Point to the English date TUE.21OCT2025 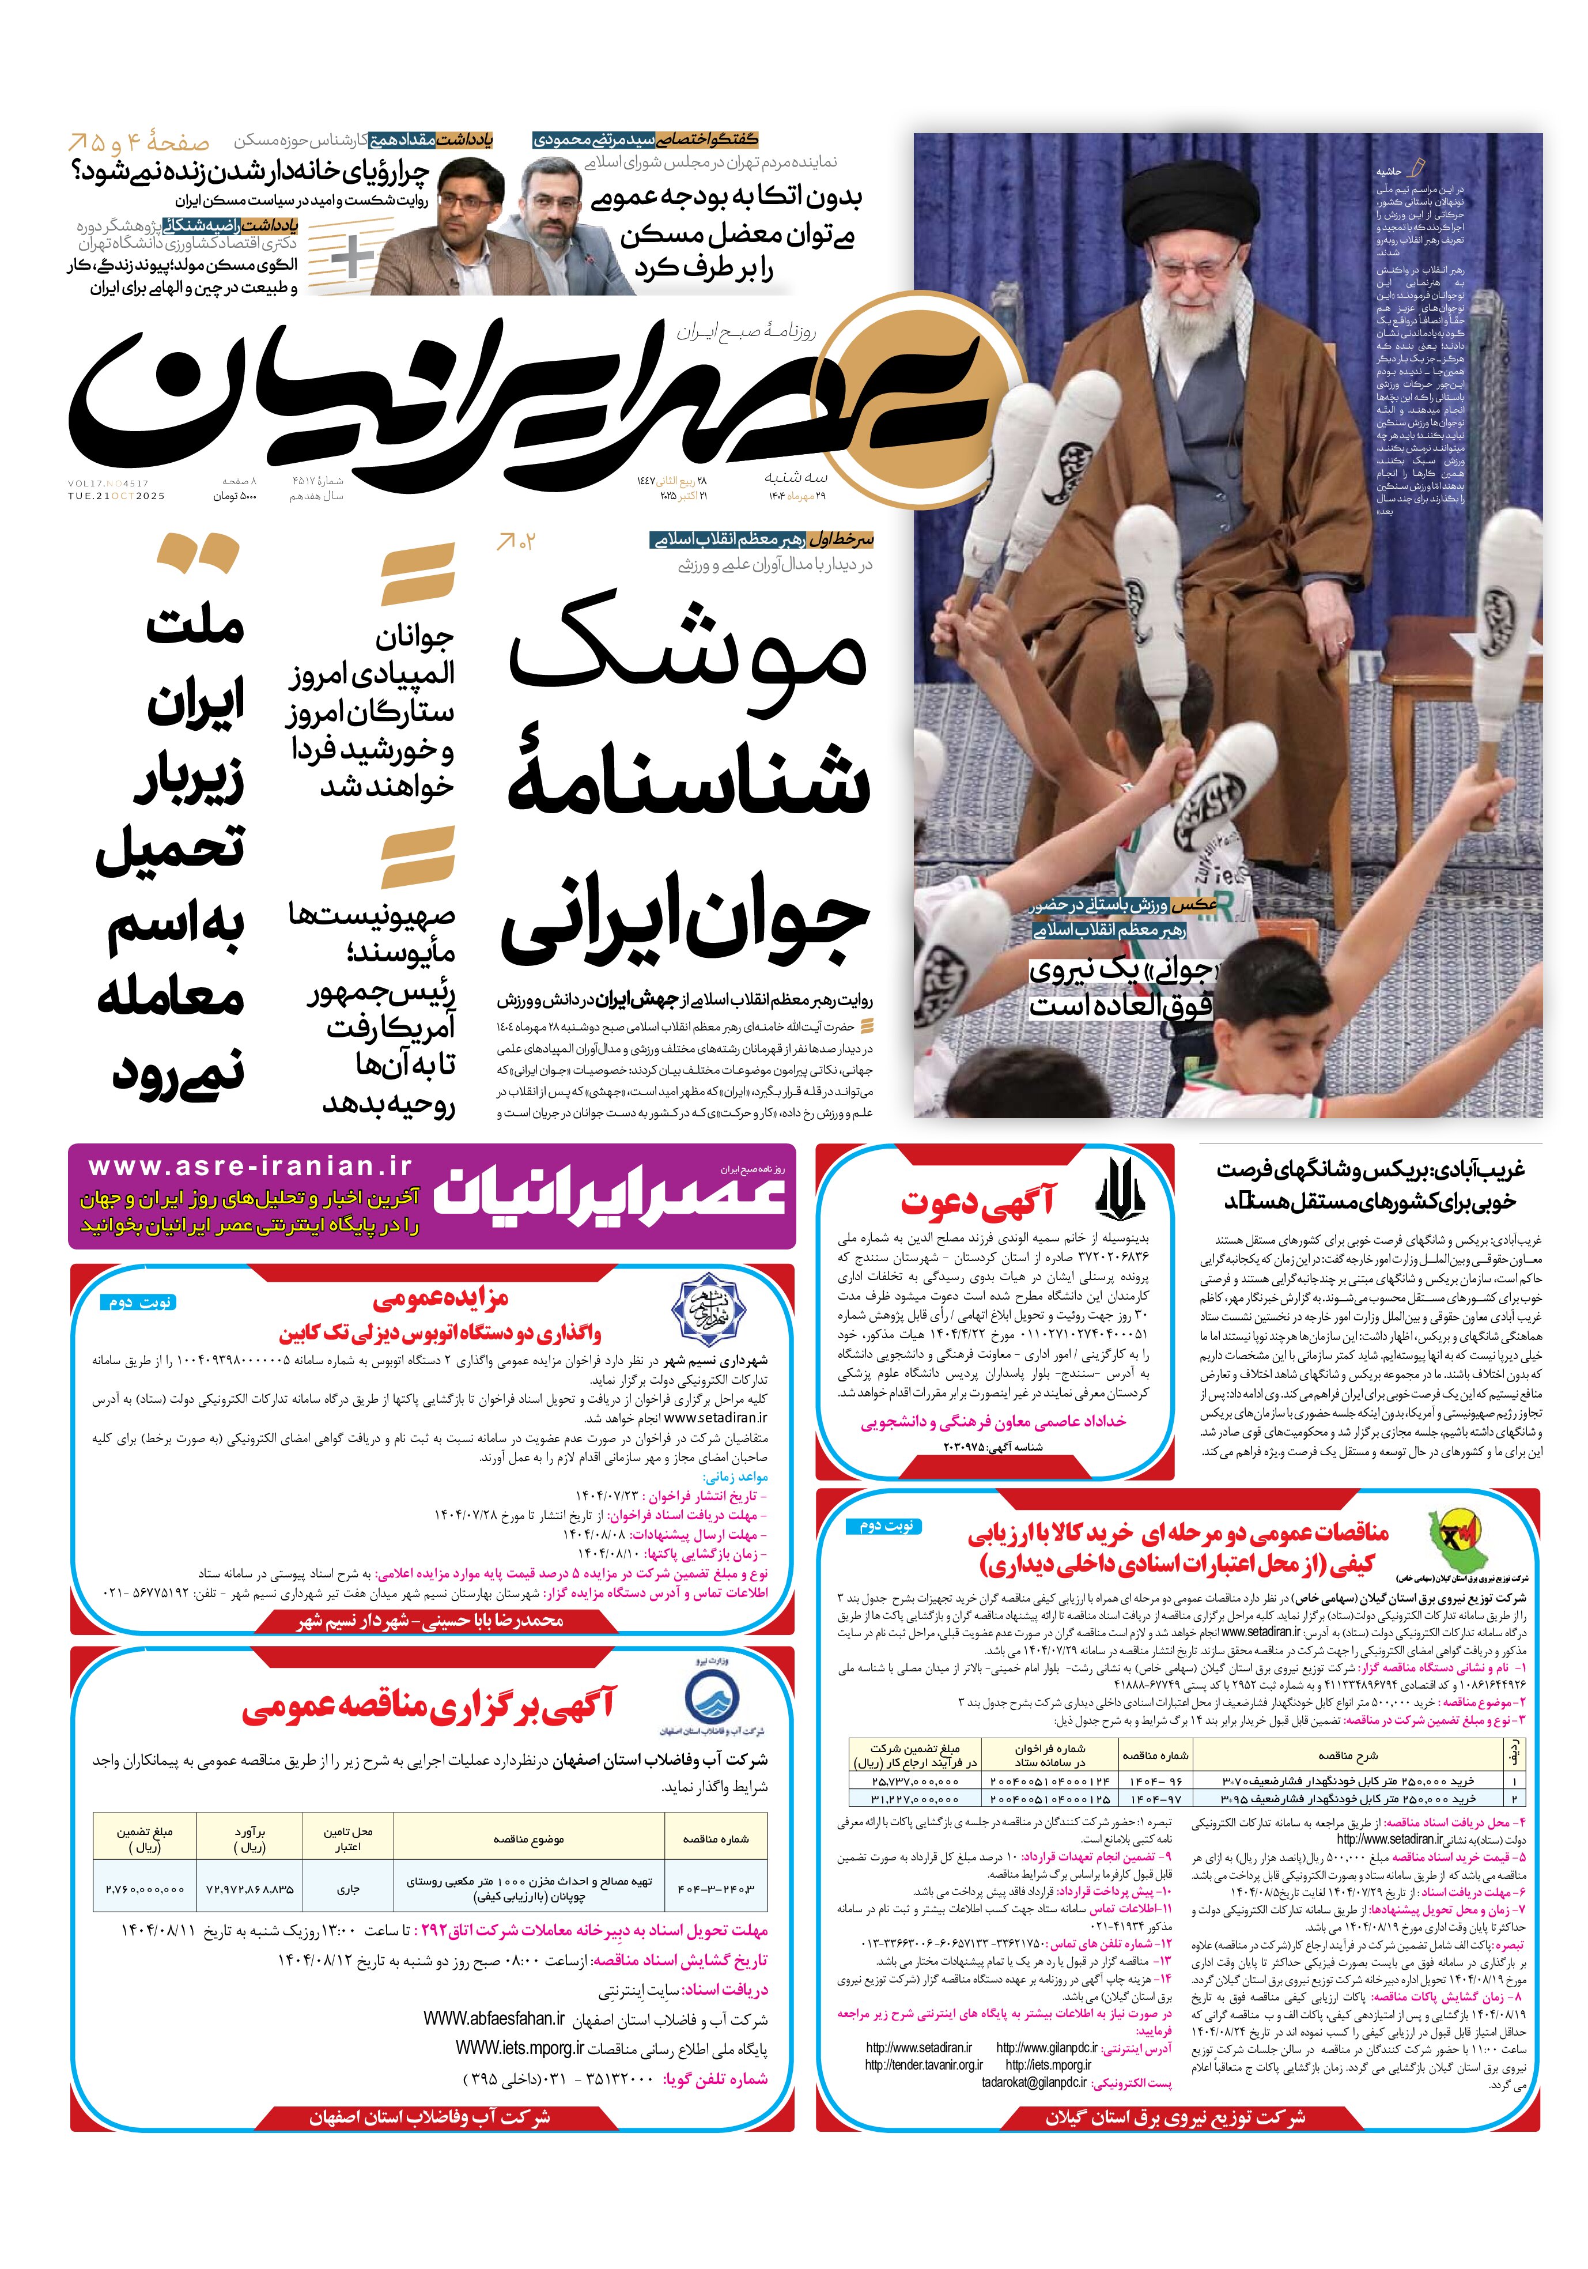point(116,496)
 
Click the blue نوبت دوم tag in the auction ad point(141,1301)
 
